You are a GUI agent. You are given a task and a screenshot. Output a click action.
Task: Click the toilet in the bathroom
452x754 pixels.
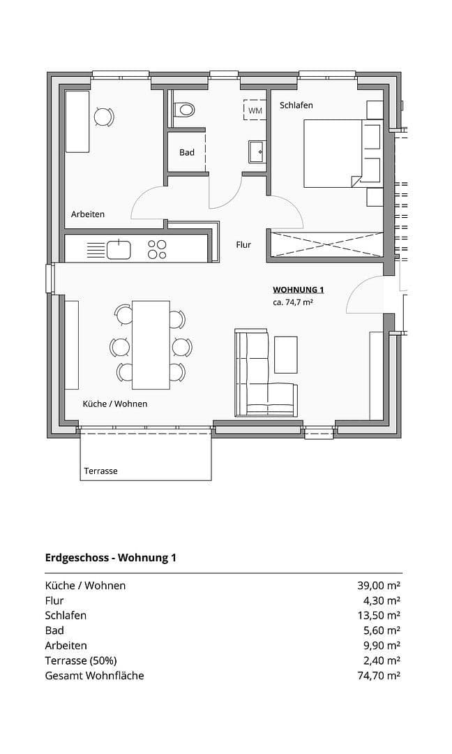point(185,109)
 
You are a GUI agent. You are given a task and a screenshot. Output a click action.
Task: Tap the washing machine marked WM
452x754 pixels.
point(255,110)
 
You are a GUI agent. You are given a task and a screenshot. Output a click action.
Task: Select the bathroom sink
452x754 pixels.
point(256,149)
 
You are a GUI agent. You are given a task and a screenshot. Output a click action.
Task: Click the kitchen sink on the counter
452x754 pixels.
point(119,249)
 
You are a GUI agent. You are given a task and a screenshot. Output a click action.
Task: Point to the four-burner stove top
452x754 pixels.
point(158,249)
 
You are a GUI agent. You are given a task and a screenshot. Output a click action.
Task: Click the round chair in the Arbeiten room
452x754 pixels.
point(103,117)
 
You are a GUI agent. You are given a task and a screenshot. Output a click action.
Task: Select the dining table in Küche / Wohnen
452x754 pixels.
point(151,344)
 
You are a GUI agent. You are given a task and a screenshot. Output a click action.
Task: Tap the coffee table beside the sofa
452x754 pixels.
point(286,355)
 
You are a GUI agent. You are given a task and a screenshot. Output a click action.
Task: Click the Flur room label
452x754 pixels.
point(243,245)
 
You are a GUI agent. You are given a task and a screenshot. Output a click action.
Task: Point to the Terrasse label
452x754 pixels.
point(100,471)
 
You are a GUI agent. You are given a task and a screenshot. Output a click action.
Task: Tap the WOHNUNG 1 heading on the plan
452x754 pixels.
point(298,290)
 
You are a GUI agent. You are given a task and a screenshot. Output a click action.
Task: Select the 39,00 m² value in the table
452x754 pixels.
point(379,586)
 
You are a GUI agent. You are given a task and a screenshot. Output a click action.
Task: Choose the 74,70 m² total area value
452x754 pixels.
point(379,675)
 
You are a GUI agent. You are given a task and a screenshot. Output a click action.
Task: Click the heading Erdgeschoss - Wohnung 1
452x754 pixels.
point(110,557)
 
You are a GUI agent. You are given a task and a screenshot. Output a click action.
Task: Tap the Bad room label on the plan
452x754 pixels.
point(187,152)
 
